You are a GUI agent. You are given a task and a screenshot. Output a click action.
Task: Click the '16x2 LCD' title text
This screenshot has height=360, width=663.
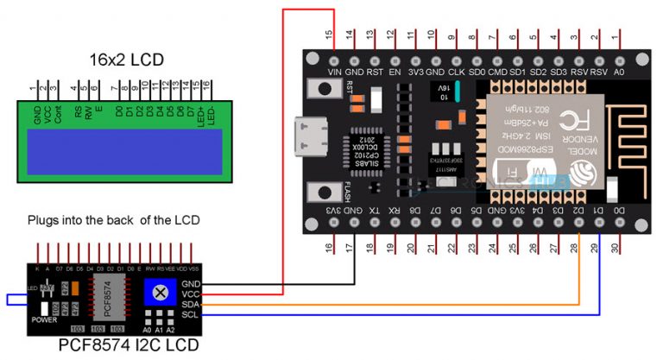click(127, 60)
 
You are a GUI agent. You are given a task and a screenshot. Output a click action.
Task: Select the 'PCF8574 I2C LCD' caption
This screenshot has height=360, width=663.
click(128, 346)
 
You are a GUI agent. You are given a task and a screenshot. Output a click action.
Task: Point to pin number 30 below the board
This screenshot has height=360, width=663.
click(615, 249)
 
